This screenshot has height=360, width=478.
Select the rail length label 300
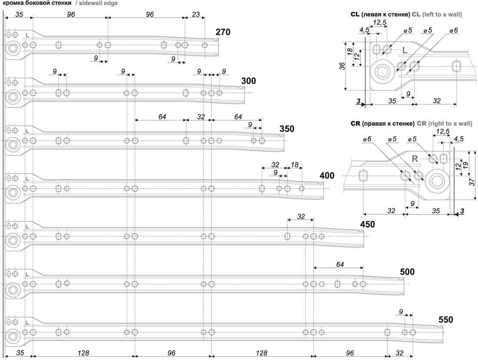pyautogui.click(x=249, y=81)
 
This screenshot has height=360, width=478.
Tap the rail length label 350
pyautogui.click(x=287, y=129)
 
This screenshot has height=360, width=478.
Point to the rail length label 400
pyautogui.click(x=327, y=176)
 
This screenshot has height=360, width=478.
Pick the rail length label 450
pyautogui.click(x=367, y=224)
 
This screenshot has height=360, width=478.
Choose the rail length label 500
pyautogui.click(x=407, y=272)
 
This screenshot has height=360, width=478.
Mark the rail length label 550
pyautogui.click(x=446, y=320)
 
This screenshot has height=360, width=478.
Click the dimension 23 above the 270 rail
pyautogui.click(x=196, y=14)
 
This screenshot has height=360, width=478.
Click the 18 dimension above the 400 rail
pyautogui.click(x=294, y=165)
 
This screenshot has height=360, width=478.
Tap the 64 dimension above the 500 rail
pyautogui.click(x=340, y=264)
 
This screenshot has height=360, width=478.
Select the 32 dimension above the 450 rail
pyautogui.click(x=300, y=216)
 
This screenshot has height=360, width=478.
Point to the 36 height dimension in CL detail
pyautogui.click(x=342, y=66)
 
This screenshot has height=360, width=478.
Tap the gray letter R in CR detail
pyautogui.click(x=415, y=159)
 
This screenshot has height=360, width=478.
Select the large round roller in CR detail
pyautogui.click(x=436, y=181)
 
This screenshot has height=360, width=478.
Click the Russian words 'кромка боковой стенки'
pyautogui.click(x=37, y=3)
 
